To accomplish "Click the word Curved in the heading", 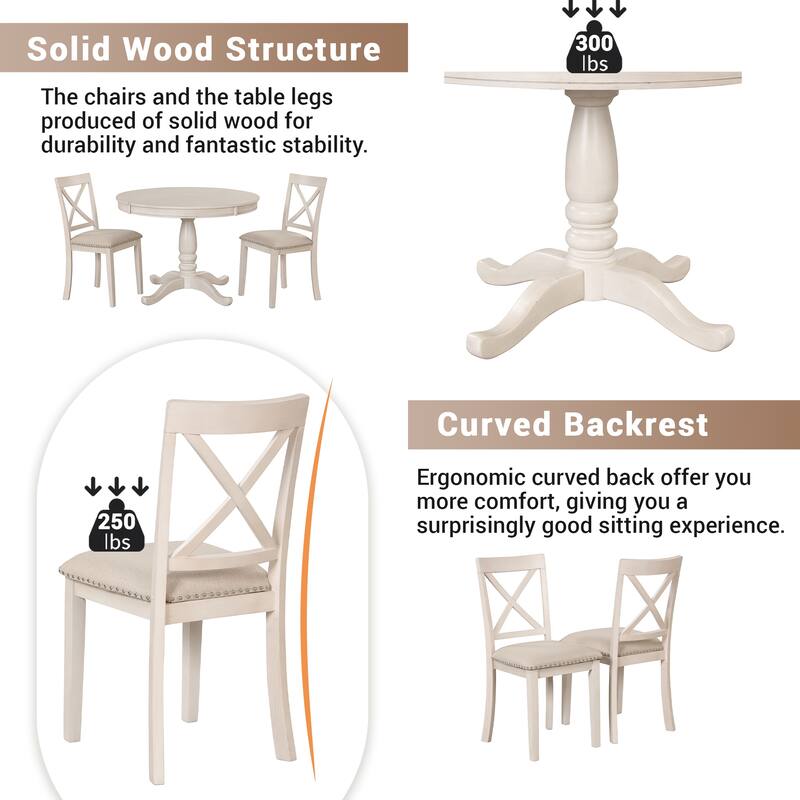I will pyautogui.click(x=496, y=424).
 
